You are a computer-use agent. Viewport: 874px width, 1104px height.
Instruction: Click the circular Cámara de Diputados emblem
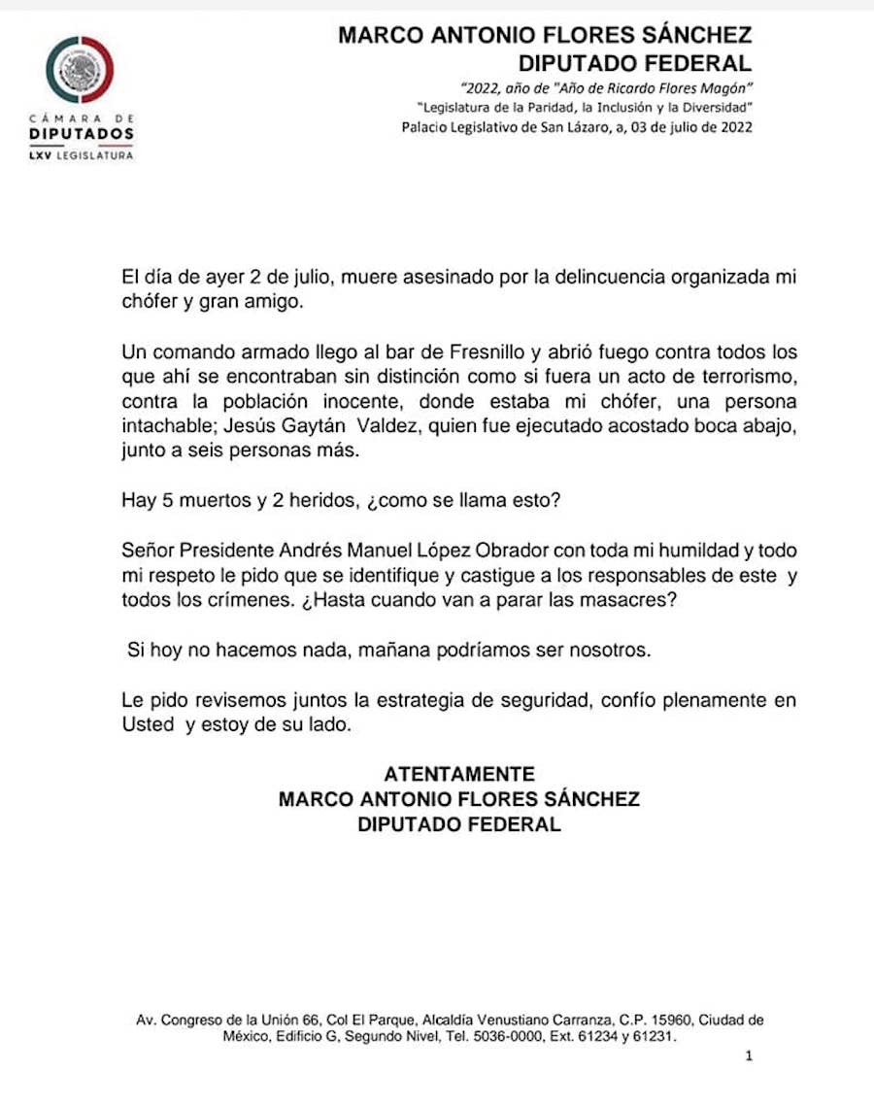(80, 69)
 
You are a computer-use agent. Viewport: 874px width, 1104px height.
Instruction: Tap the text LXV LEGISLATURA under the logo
(81, 154)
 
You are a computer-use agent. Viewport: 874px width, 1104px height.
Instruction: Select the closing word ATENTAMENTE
(459, 775)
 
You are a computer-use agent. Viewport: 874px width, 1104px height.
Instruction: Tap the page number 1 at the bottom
(749, 1055)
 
